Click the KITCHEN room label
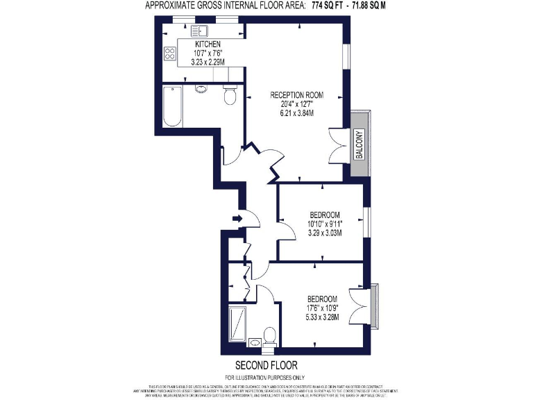click(208, 44)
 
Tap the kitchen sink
click(201, 30)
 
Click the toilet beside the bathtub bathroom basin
click(230, 95)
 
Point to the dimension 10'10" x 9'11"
click(325, 224)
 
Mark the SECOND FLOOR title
click(266, 365)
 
